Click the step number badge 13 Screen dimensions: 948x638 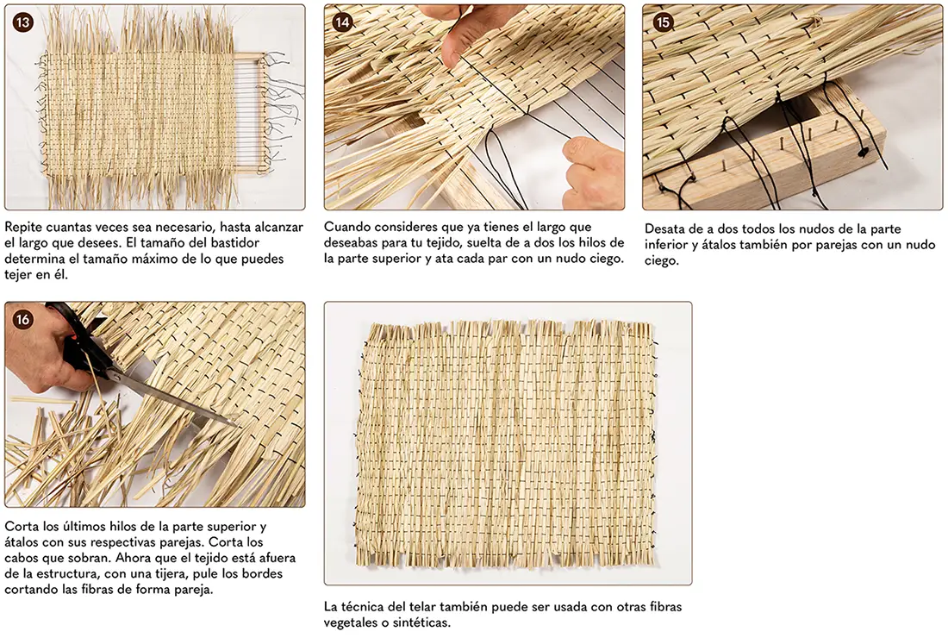tap(23, 23)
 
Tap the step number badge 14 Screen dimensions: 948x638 tap(342, 23)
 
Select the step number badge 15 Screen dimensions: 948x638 tap(664, 23)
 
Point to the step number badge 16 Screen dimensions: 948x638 tap(23, 319)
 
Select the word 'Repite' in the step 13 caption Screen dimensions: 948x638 tap(23, 228)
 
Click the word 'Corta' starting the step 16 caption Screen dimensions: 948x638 tap(22, 526)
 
